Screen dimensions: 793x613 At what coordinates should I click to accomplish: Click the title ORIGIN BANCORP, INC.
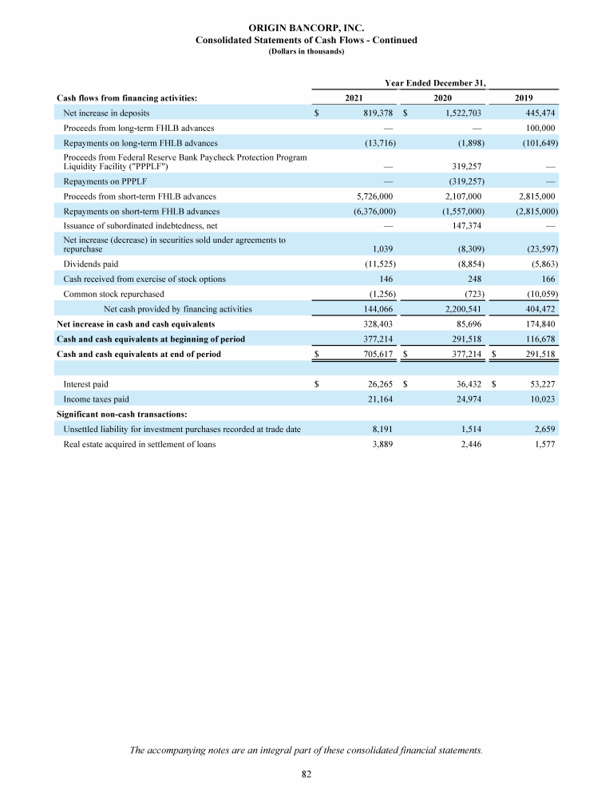click(306, 28)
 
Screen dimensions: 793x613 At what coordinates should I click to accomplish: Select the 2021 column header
click(354, 98)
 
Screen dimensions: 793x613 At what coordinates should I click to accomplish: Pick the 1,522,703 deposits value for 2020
click(459, 113)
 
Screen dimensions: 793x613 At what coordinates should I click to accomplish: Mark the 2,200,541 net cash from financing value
click(460, 309)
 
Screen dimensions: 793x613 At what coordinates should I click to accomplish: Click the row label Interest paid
click(86, 383)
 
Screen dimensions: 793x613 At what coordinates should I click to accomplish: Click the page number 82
click(306, 774)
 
